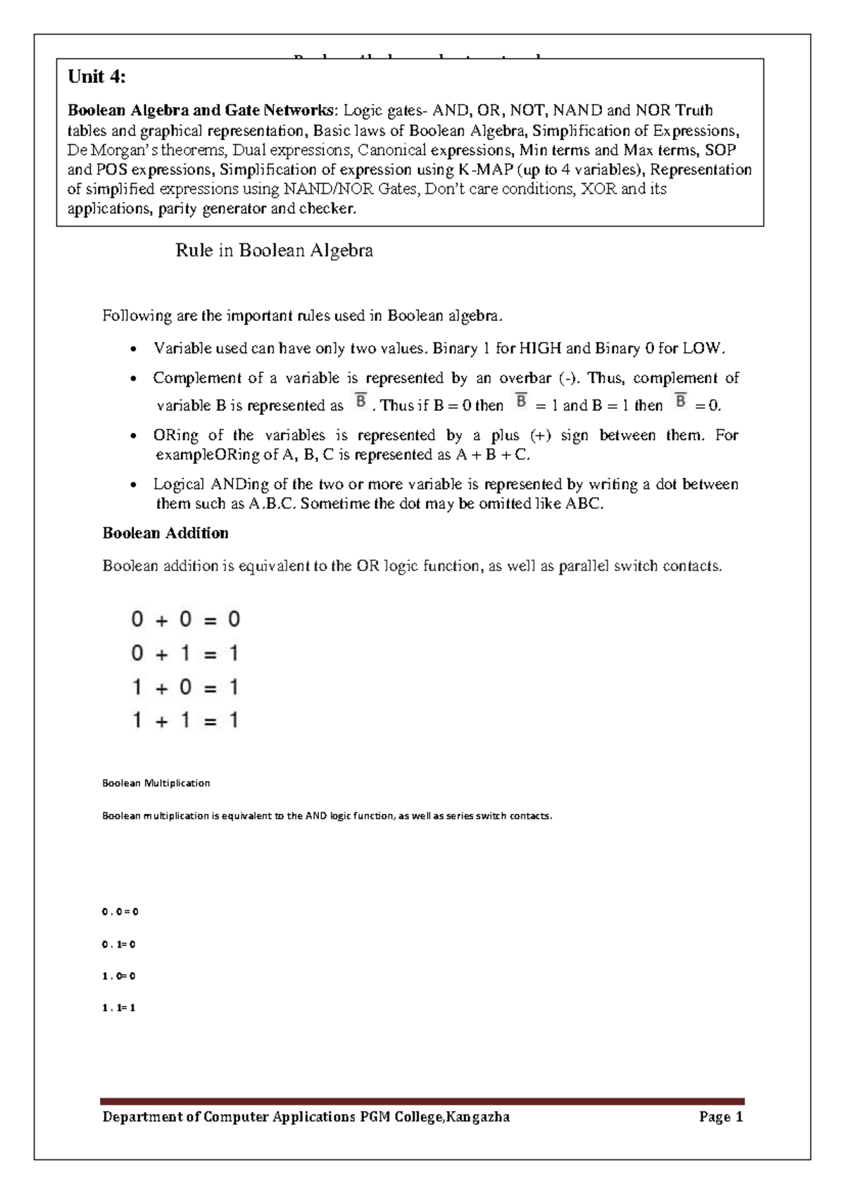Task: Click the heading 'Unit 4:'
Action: coord(96,77)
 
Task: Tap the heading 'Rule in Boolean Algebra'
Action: coord(274,251)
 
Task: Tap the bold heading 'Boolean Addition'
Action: coord(165,533)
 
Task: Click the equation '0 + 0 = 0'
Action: coord(186,620)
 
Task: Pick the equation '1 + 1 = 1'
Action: coord(186,720)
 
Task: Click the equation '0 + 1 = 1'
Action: coord(186,653)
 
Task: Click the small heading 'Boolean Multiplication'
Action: coord(156,783)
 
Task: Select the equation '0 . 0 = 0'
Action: coord(120,912)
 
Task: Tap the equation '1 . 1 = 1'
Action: coord(118,1008)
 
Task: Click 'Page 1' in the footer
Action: coord(721,1117)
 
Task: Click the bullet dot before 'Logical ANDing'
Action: coord(133,485)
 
